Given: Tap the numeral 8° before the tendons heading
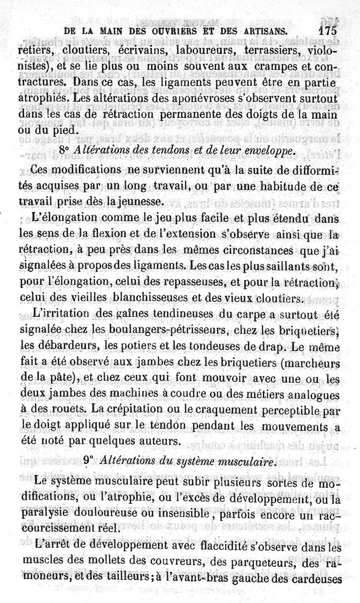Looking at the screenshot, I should pos(66,151).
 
